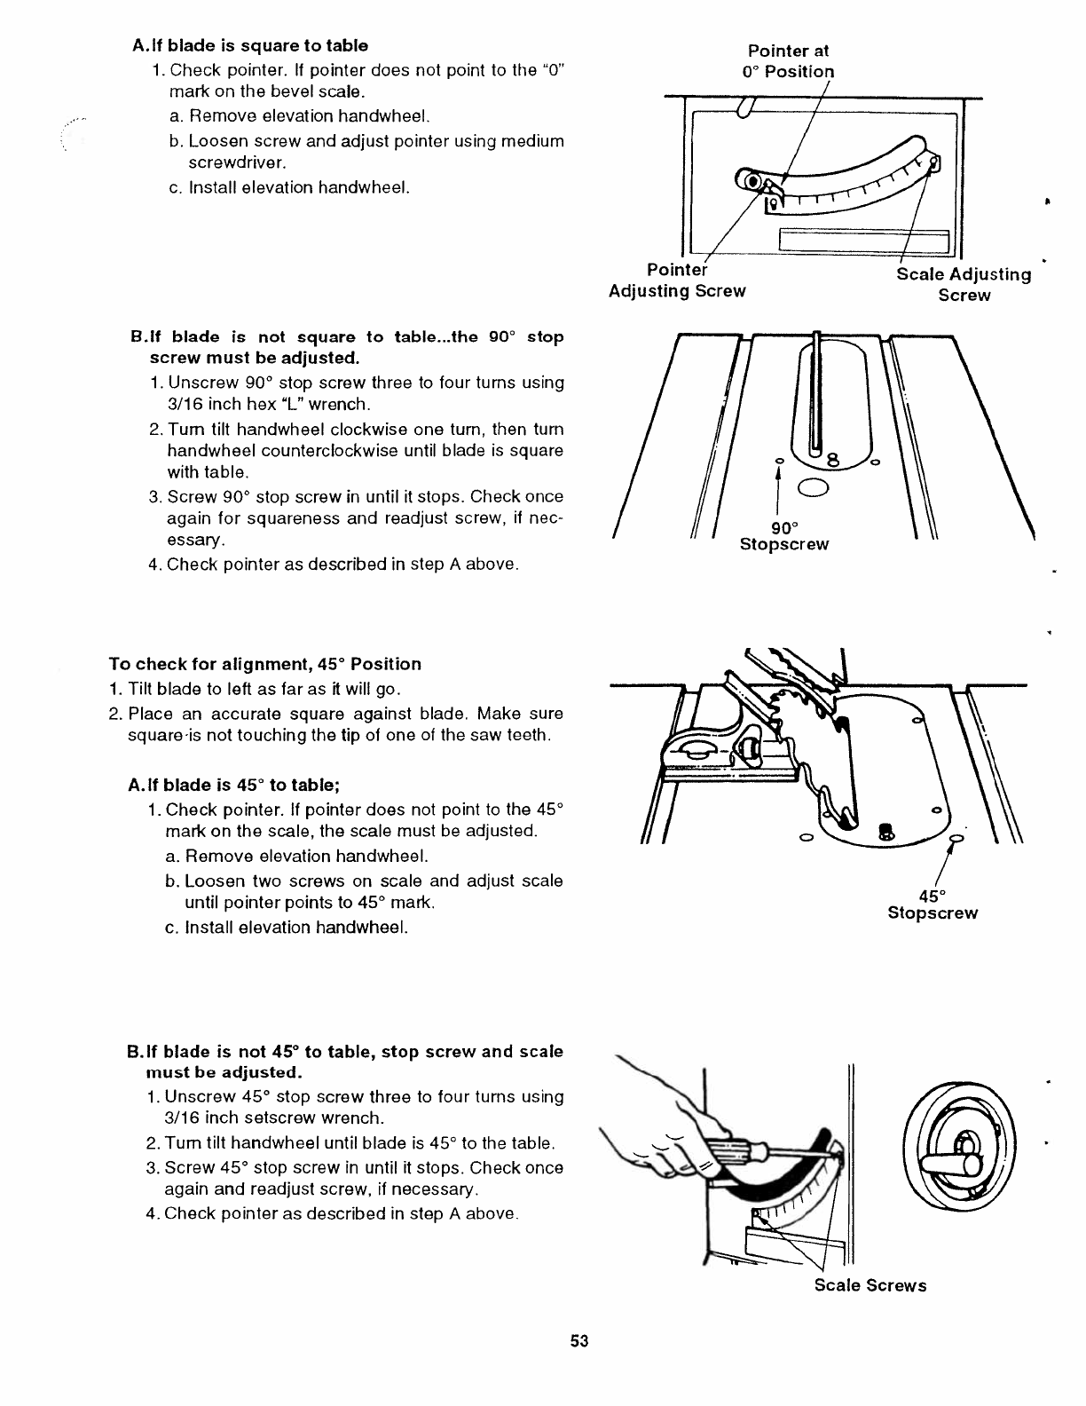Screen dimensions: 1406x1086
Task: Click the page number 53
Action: pyautogui.click(x=579, y=1340)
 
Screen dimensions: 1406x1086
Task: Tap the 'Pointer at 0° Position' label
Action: pyautogui.click(x=788, y=61)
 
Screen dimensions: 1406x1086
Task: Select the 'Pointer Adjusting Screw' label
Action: pyautogui.click(x=677, y=280)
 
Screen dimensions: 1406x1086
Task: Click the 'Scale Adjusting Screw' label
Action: pyautogui.click(x=964, y=285)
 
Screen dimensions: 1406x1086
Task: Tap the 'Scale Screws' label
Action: pyautogui.click(x=870, y=1285)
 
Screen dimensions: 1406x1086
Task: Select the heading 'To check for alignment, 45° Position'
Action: pyautogui.click(x=265, y=664)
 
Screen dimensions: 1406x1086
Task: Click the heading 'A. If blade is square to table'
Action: pyautogui.click(x=249, y=45)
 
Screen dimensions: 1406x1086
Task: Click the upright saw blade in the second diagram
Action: pyautogui.click(x=815, y=391)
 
